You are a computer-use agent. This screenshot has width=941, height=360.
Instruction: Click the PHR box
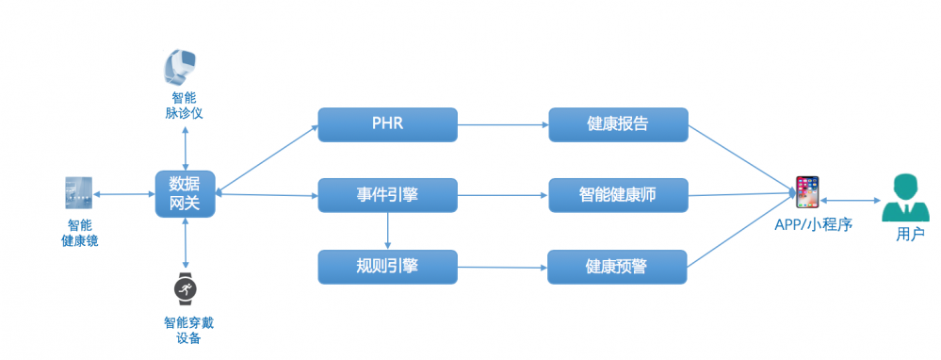386,124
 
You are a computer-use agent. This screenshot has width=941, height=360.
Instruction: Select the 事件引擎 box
386,195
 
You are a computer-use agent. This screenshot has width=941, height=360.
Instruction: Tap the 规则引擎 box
386,266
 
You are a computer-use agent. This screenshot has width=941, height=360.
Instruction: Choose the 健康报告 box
617,124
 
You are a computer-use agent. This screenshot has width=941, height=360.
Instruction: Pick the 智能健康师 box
617,195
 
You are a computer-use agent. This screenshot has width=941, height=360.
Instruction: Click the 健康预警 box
617,267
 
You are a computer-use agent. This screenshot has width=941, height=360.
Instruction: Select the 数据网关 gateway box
185,194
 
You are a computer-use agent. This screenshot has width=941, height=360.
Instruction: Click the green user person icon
904,198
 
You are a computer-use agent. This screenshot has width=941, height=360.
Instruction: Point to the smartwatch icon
185,286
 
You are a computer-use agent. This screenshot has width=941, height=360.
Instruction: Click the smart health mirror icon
78,193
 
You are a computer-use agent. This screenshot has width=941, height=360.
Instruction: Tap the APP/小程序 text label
814,224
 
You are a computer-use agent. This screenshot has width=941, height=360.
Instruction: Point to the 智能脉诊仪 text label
185,105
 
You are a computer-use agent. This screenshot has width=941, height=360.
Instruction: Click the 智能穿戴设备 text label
187,330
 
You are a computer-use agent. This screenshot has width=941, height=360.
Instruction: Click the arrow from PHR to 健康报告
502,123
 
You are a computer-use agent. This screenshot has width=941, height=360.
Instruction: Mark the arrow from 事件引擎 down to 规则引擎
387,230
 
